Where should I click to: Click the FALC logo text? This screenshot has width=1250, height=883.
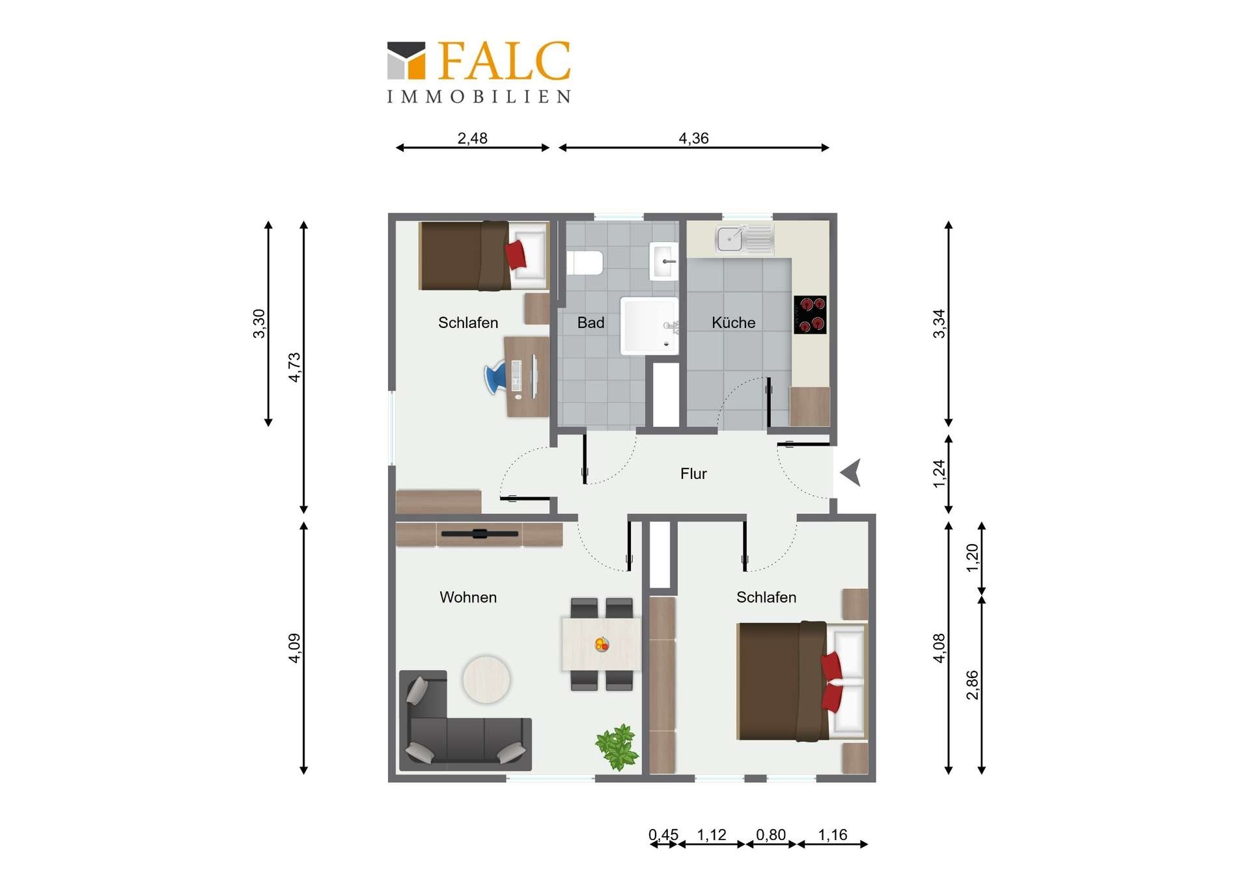[505, 61]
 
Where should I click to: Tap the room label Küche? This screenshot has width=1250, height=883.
[733, 323]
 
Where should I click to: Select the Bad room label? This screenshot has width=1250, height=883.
[590, 323]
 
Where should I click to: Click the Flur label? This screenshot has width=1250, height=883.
[693, 474]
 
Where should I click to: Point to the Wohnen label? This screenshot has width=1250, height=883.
[468, 597]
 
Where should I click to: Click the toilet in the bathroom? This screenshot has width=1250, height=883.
[585, 264]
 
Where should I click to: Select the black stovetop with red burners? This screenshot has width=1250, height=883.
[810, 315]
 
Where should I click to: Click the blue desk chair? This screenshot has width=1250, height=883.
[496, 378]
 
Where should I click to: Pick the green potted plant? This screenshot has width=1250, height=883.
[617, 746]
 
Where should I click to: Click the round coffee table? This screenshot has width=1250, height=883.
[486, 679]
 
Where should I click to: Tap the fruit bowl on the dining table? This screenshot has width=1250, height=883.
[602, 645]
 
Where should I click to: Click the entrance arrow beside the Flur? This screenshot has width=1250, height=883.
[851, 472]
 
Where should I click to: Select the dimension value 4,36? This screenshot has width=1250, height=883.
[693, 139]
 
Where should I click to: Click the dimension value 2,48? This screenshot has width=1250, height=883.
[472, 139]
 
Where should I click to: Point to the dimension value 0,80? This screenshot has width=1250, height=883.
[771, 835]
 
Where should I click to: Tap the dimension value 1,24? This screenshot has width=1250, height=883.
[939, 474]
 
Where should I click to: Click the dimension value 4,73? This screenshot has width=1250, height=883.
[294, 367]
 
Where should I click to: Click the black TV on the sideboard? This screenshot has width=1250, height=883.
[480, 534]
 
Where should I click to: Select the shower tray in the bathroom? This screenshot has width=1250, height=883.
[648, 326]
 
